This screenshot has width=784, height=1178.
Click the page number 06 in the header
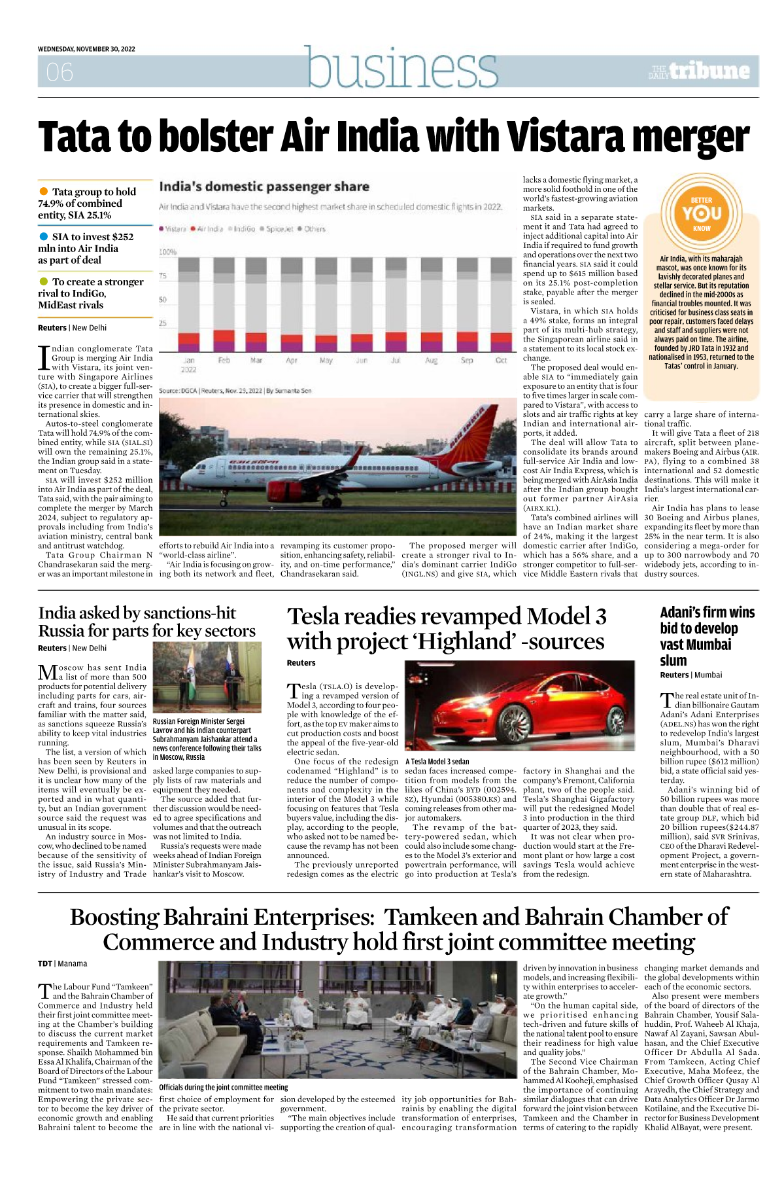pos(60,72)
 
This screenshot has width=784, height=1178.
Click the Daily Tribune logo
pos(699,71)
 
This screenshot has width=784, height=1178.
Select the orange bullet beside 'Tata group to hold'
pos(44,191)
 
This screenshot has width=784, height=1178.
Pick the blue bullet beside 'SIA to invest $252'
pos(44,236)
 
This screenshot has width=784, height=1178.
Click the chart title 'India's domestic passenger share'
pos(264,187)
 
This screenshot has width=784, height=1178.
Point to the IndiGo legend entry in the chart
pos(241,229)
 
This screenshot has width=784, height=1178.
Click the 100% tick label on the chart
pos(168,252)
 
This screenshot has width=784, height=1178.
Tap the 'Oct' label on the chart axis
pos(501,361)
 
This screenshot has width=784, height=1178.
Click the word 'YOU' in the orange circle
pos(702,214)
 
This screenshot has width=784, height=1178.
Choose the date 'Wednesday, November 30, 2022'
pos(86,49)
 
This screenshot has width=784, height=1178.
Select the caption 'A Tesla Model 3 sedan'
pos(437,761)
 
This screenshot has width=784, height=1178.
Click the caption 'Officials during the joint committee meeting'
pos(224,1087)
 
